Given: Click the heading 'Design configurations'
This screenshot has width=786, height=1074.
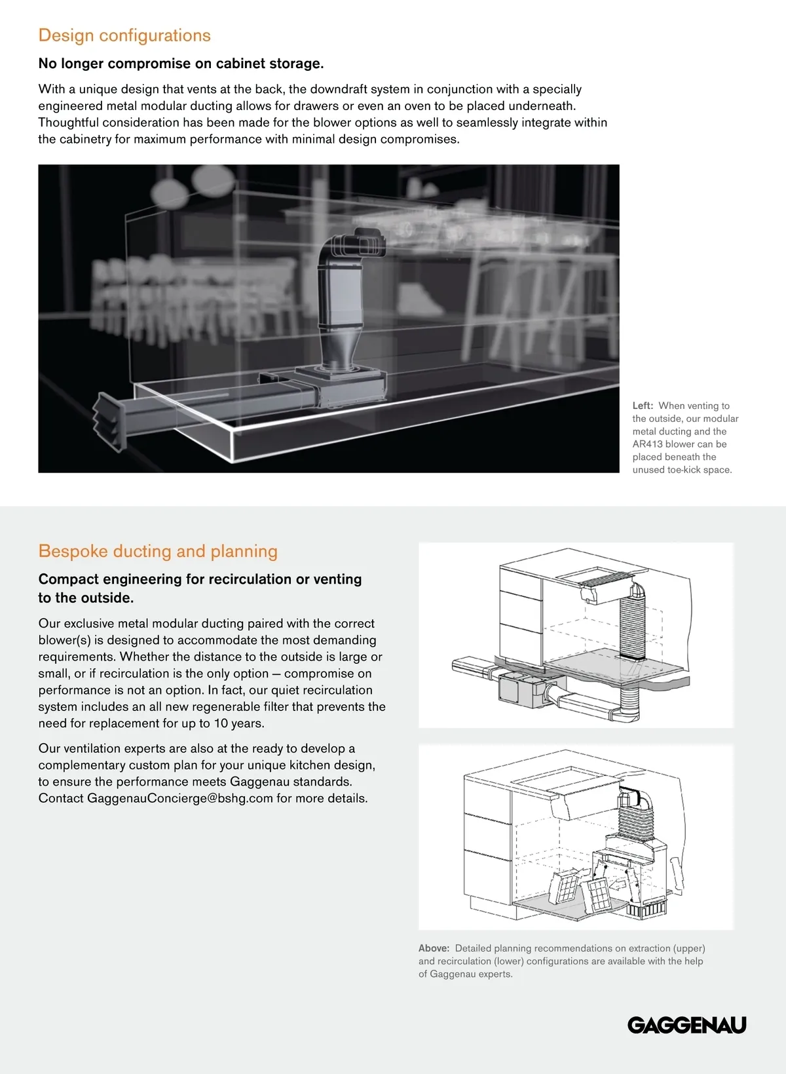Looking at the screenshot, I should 124,35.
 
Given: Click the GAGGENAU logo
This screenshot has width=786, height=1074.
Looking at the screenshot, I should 686,1025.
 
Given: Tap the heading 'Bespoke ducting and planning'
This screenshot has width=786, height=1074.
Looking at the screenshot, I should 158,551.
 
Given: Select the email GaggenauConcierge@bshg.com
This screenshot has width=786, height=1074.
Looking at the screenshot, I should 179,798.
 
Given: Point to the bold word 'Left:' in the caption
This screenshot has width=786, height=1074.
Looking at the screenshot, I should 643,406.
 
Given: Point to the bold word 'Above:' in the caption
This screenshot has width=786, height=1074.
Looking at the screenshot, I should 434,948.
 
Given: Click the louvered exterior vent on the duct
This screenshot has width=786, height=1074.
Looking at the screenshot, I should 108,421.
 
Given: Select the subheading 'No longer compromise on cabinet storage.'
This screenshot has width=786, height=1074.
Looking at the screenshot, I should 181,64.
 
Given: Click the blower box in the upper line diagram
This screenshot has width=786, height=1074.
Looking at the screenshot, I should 521,691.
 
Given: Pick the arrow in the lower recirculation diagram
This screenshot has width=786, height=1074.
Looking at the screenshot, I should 617,885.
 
